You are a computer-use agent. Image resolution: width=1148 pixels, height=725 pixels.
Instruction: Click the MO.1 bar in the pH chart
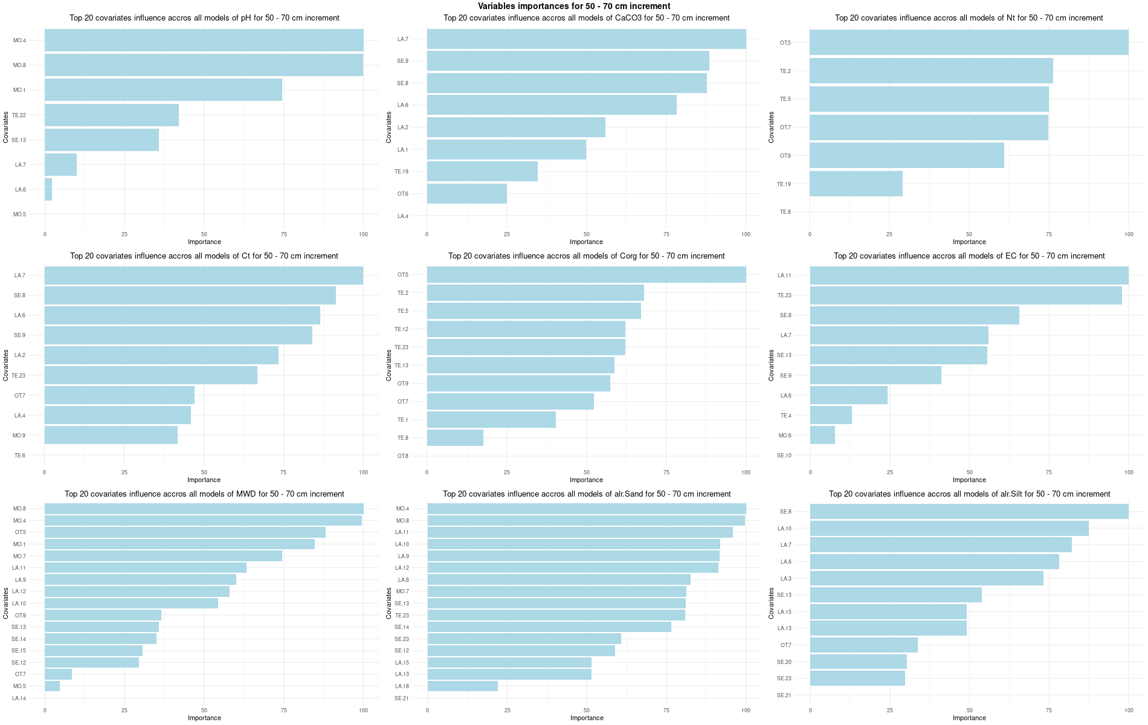[x=163, y=90]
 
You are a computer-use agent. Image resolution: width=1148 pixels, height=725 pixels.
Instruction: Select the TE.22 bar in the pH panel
[x=112, y=115]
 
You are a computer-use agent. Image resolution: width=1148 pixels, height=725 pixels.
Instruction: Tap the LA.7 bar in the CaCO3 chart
[x=586, y=39]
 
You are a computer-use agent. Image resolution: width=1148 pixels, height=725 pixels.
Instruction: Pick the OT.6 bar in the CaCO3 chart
[x=466, y=194]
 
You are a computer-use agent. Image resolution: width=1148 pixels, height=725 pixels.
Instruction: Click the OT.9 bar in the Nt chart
[x=906, y=155]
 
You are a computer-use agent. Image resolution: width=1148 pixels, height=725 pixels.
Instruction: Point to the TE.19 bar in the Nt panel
[x=856, y=184]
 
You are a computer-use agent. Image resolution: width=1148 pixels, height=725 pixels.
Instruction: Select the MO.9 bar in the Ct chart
[x=111, y=435]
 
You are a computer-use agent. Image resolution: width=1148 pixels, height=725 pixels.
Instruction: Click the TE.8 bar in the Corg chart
[x=455, y=437]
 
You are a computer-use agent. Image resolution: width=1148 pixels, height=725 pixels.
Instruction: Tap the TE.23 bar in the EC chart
[x=966, y=295]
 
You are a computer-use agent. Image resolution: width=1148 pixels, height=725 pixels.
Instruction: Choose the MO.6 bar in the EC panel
[x=822, y=435]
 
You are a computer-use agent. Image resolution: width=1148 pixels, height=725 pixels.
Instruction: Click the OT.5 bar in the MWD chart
[x=185, y=532]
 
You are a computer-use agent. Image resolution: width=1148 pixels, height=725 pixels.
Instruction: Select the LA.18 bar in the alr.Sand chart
[x=462, y=686]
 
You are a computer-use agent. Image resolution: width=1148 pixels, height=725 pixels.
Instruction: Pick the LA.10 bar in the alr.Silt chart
[x=949, y=528]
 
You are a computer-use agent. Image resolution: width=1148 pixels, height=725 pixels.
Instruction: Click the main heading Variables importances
[x=574, y=6]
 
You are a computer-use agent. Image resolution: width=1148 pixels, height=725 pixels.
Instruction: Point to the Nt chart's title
[x=969, y=18]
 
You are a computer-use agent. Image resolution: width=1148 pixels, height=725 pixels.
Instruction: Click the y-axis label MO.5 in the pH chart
[x=19, y=214]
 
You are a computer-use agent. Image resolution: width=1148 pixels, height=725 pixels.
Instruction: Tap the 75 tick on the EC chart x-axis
[x=1049, y=472]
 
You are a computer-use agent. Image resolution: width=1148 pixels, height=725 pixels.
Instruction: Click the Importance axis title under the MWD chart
[x=204, y=718]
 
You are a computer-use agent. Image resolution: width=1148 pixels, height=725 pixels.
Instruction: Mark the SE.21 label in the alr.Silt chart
[x=784, y=695]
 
